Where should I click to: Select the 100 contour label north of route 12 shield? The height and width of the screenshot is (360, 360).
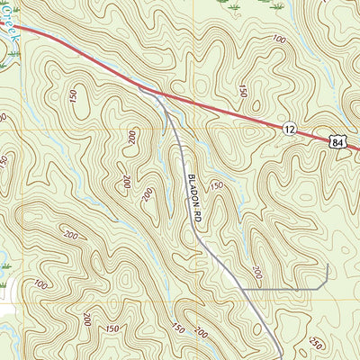coord(279,40)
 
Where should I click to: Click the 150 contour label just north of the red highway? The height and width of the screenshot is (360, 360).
coord(243,90)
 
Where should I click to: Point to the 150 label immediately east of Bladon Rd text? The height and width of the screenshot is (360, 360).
coord(216,185)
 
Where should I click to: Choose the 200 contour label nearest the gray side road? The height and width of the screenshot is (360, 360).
coord(256,272)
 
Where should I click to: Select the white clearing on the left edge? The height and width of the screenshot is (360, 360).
coord(4,306)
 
